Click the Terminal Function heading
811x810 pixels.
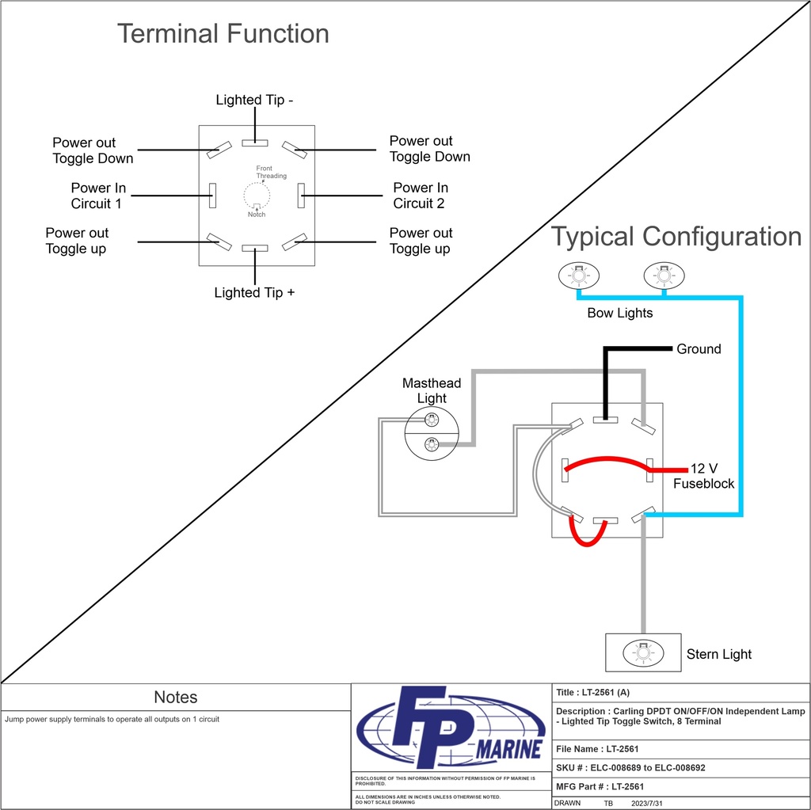(x=223, y=33)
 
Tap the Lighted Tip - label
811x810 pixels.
(x=255, y=100)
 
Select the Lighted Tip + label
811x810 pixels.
(x=254, y=293)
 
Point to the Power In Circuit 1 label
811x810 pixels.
(x=98, y=196)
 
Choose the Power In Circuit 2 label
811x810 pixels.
(x=421, y=196)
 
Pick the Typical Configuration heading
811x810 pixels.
(x=676, y=237)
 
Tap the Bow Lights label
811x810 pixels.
(x=619, y=313)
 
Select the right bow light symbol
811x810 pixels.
(x=664, y=276)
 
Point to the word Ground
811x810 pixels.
(x=699, y=349)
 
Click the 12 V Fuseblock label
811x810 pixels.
(x=703, y=475)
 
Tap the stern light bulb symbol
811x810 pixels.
(x=642, y=653)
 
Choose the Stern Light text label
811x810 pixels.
(x=718, y=654)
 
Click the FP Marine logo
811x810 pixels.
(x=451, y=728)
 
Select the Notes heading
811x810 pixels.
(x=175, y=698)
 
